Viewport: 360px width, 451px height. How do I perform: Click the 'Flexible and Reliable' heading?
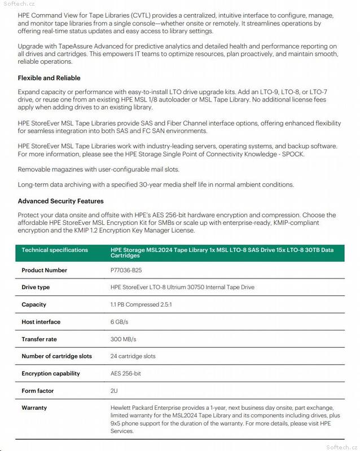[49, 78]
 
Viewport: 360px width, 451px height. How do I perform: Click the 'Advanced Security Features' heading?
[60, 201]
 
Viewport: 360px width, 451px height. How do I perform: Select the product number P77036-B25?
[126, 270]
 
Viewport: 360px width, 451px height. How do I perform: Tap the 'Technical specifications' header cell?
[55, 250]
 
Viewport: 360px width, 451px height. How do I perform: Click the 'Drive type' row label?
[36, 287]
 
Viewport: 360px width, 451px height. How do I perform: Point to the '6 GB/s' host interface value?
[120, 322]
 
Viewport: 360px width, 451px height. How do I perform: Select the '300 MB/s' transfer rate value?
[123, 339]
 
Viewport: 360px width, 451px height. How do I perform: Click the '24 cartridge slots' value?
[133, 356]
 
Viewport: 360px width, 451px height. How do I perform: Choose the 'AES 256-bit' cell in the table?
[126, 373]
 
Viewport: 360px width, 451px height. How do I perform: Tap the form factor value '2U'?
[114, 391]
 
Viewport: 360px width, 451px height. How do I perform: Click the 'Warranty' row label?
[34, 408]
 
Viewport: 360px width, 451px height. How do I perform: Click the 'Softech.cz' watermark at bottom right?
[343, 446]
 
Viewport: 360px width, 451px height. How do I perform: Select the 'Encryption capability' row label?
[51, 373]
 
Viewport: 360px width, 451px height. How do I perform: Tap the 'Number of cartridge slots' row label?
[56, 356]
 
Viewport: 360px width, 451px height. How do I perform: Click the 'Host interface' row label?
[41, 322]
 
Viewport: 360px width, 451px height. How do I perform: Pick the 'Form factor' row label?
[37, 391]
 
